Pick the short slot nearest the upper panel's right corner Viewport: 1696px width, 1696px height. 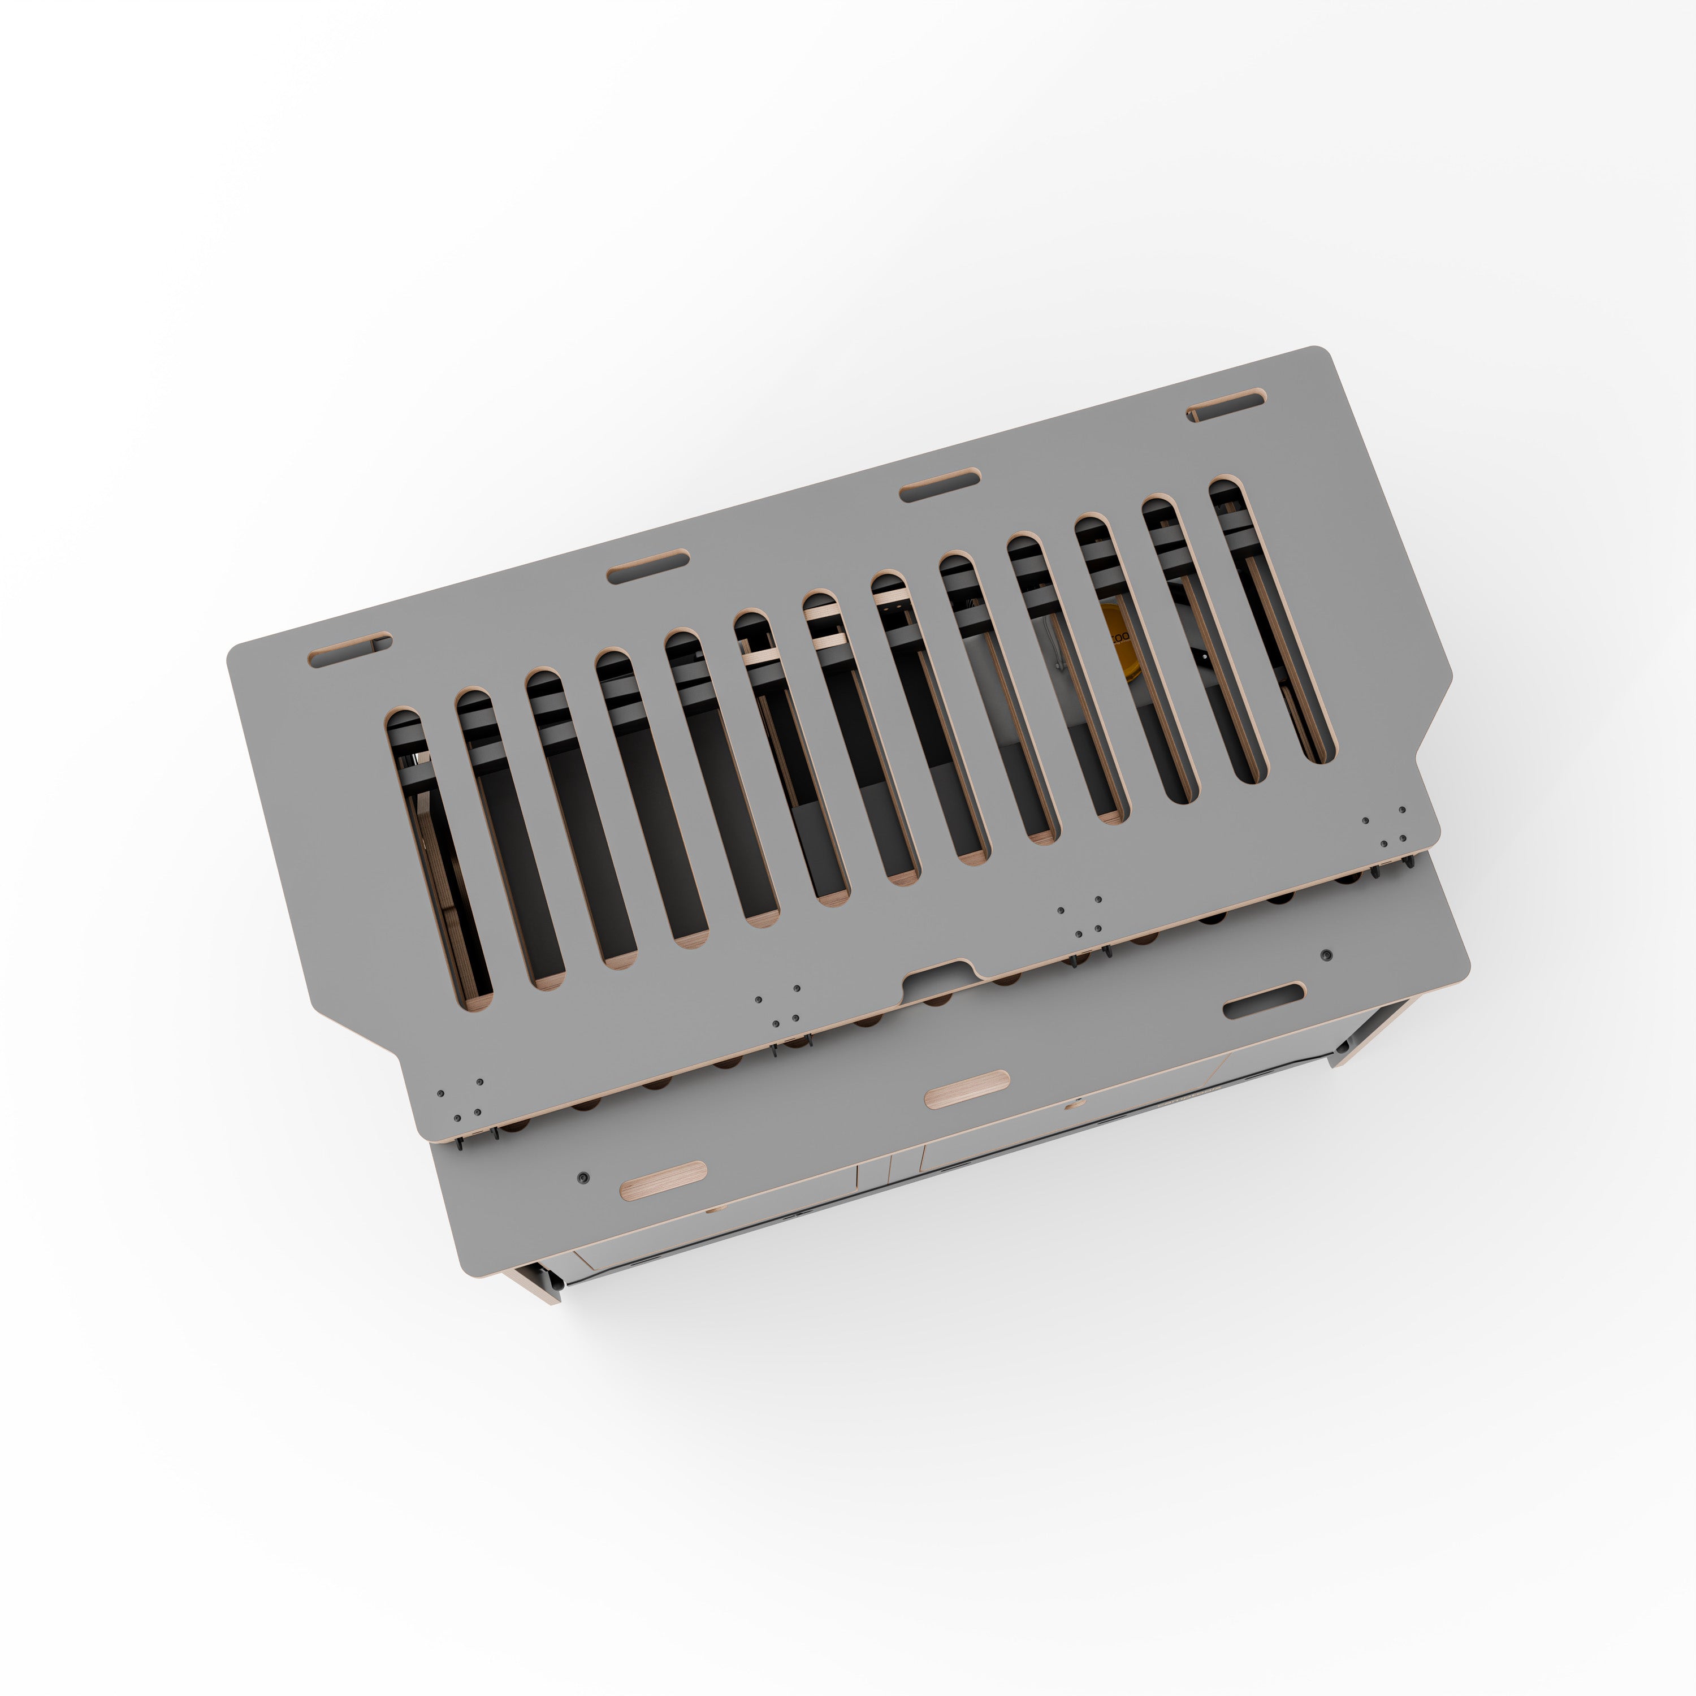pyautogui.click(x=1226, y=405)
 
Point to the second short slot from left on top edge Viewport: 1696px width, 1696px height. pyautogui.click(x=648, y=566)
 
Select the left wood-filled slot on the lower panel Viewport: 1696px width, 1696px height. pyautogui.click(x=663, y=1181)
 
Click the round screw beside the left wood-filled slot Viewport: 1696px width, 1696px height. pyautogui.click(x=583, y=1177)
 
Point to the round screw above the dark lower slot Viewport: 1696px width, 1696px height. pyautogui.click(x=1326, y=953)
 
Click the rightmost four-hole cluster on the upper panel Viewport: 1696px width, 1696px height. pyautogui.click(x=1383, y=827)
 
